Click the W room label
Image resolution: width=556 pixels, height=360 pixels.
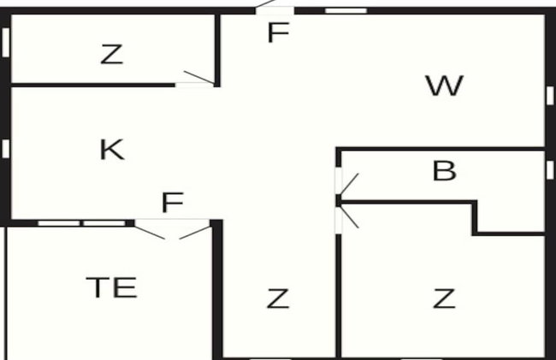coord(444,86)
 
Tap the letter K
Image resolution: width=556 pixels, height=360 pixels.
coord(112,149)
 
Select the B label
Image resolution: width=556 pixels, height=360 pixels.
coord(444,171)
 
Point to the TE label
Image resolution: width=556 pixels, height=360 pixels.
coord(111,287)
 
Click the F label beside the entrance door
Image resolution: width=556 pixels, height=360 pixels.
coord(278,32)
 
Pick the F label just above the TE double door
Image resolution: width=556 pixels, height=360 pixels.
coord(173,202)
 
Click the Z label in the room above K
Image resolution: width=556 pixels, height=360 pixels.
coord(112,54)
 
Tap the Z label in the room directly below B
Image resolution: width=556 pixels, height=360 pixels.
coord(444,298)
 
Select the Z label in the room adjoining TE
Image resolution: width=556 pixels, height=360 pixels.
coord(278,298)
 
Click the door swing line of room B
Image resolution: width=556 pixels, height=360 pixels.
coord(349,184)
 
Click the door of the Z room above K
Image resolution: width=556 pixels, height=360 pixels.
coord(199,77)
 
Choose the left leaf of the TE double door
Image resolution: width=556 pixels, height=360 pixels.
coord(150,232)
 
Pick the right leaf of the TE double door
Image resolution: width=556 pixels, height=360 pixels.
coord(195,232)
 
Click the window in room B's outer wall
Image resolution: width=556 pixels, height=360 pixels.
coord(550,169)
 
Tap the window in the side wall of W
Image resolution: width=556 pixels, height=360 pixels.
coord(550,95)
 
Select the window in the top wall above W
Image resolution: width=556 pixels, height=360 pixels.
coord(346,10)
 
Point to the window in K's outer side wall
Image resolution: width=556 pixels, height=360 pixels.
coord(6,149)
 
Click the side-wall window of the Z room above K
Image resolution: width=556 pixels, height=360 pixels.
coord(6,42)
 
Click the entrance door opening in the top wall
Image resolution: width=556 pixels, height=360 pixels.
coord(275,10)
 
